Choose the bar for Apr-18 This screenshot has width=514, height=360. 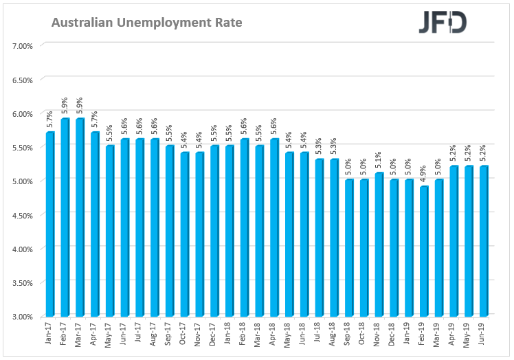tap(275, 227)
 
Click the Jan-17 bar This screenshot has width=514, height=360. tap(50, 224)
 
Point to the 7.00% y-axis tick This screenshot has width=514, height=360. tap(23, 46)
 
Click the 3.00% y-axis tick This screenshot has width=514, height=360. tap(23, 316)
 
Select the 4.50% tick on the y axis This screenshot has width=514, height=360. tap(23, 215)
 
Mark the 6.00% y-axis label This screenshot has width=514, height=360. tap(23, 113)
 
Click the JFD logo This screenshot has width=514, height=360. tap(443, 23)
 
